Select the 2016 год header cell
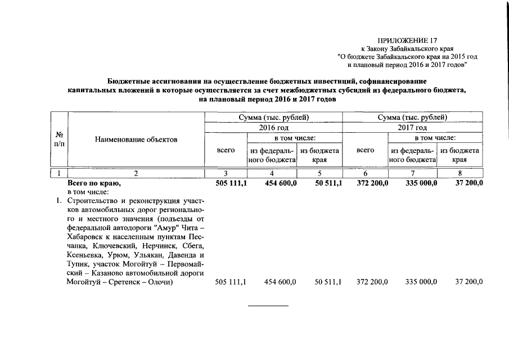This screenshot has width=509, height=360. coord(273,128)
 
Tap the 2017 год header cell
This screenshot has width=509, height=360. coord(413,128)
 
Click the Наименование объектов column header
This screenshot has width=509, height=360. coord(136,139)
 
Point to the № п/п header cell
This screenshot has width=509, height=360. coord(59,139)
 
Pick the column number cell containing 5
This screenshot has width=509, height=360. coord(319,173)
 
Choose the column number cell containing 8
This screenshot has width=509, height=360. coord(460,173)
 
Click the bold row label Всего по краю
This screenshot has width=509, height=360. coord(94,183)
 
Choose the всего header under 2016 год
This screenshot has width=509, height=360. coord(226,150)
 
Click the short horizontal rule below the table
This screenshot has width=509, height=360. coord(268,306)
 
